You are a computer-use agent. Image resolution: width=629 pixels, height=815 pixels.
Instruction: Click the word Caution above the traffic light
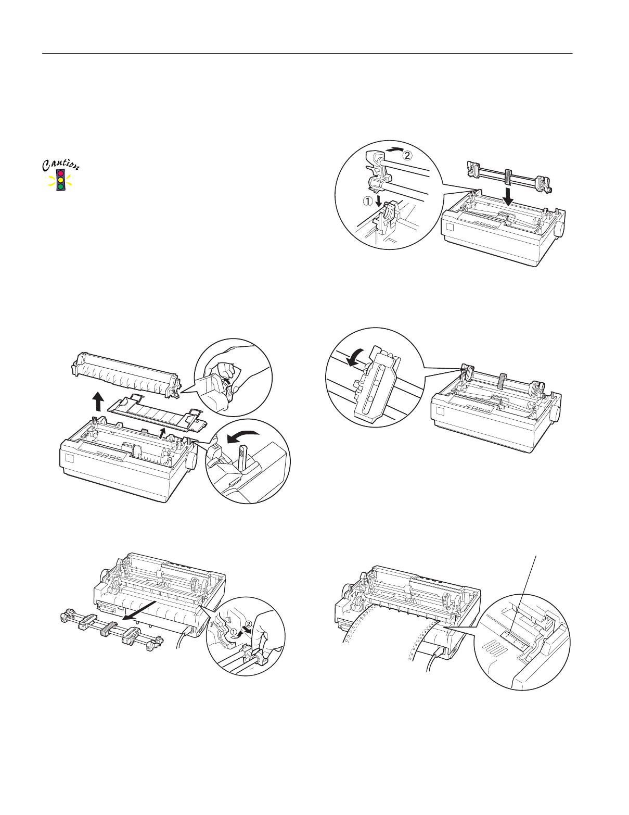click(61, 165)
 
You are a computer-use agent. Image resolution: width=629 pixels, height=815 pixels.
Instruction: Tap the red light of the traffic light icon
click(61, 173)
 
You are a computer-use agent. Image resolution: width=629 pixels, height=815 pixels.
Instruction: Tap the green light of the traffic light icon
click(61, 186)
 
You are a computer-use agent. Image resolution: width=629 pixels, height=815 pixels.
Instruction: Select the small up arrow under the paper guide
click(164, 433)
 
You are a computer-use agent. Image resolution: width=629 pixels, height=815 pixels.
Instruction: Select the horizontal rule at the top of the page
click(307, 53)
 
